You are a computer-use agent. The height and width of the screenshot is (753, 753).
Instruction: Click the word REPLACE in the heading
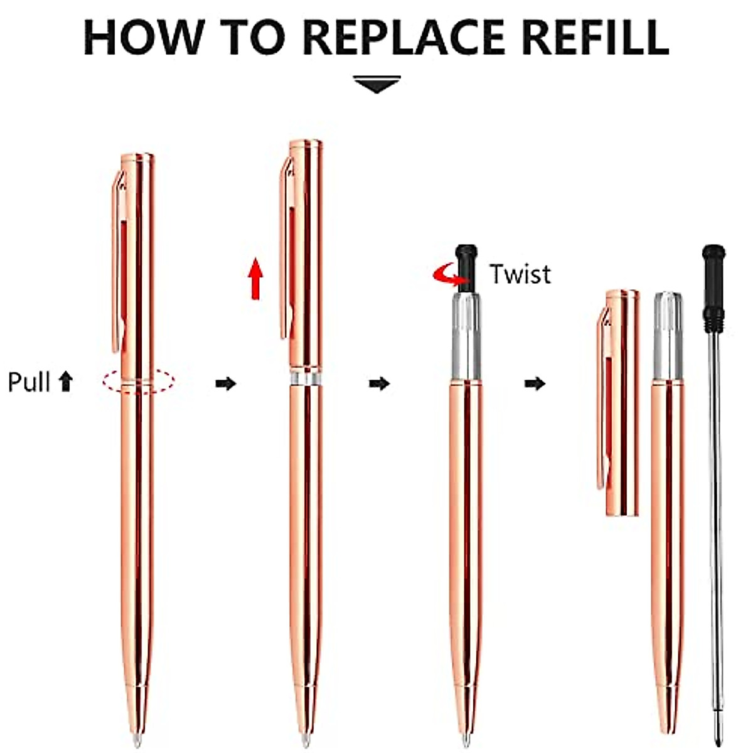pyautogui.click(x=405, y=38)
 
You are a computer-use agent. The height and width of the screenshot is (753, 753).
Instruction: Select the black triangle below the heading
pyautogui.click(x=376, y=84)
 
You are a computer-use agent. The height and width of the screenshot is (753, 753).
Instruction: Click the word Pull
pyautogui.click(x=28, y=382)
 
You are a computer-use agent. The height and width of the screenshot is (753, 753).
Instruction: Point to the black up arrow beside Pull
pyautogui.click(x=65, y=381)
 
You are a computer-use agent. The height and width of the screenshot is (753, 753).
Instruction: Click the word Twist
pyautogui.click(x=520, y=274)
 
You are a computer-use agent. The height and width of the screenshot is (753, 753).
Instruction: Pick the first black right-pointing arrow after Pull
pyautogui.click(x=225, y=383)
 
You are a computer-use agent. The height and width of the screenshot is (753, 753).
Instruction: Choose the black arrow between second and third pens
pyautogui.click(x=379, y=383)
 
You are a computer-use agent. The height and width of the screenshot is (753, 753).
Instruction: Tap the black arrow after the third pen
pyautogui.click(x=535, y=383)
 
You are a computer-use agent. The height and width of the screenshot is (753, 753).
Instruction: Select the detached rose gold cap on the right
pyautogui.click(x=621, y=402)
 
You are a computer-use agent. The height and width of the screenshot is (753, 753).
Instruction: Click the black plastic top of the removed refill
pyautogui.click(x=714, y=286)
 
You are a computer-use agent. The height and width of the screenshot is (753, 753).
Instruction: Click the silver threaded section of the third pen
pyautogui.click(x=466, y=336)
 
